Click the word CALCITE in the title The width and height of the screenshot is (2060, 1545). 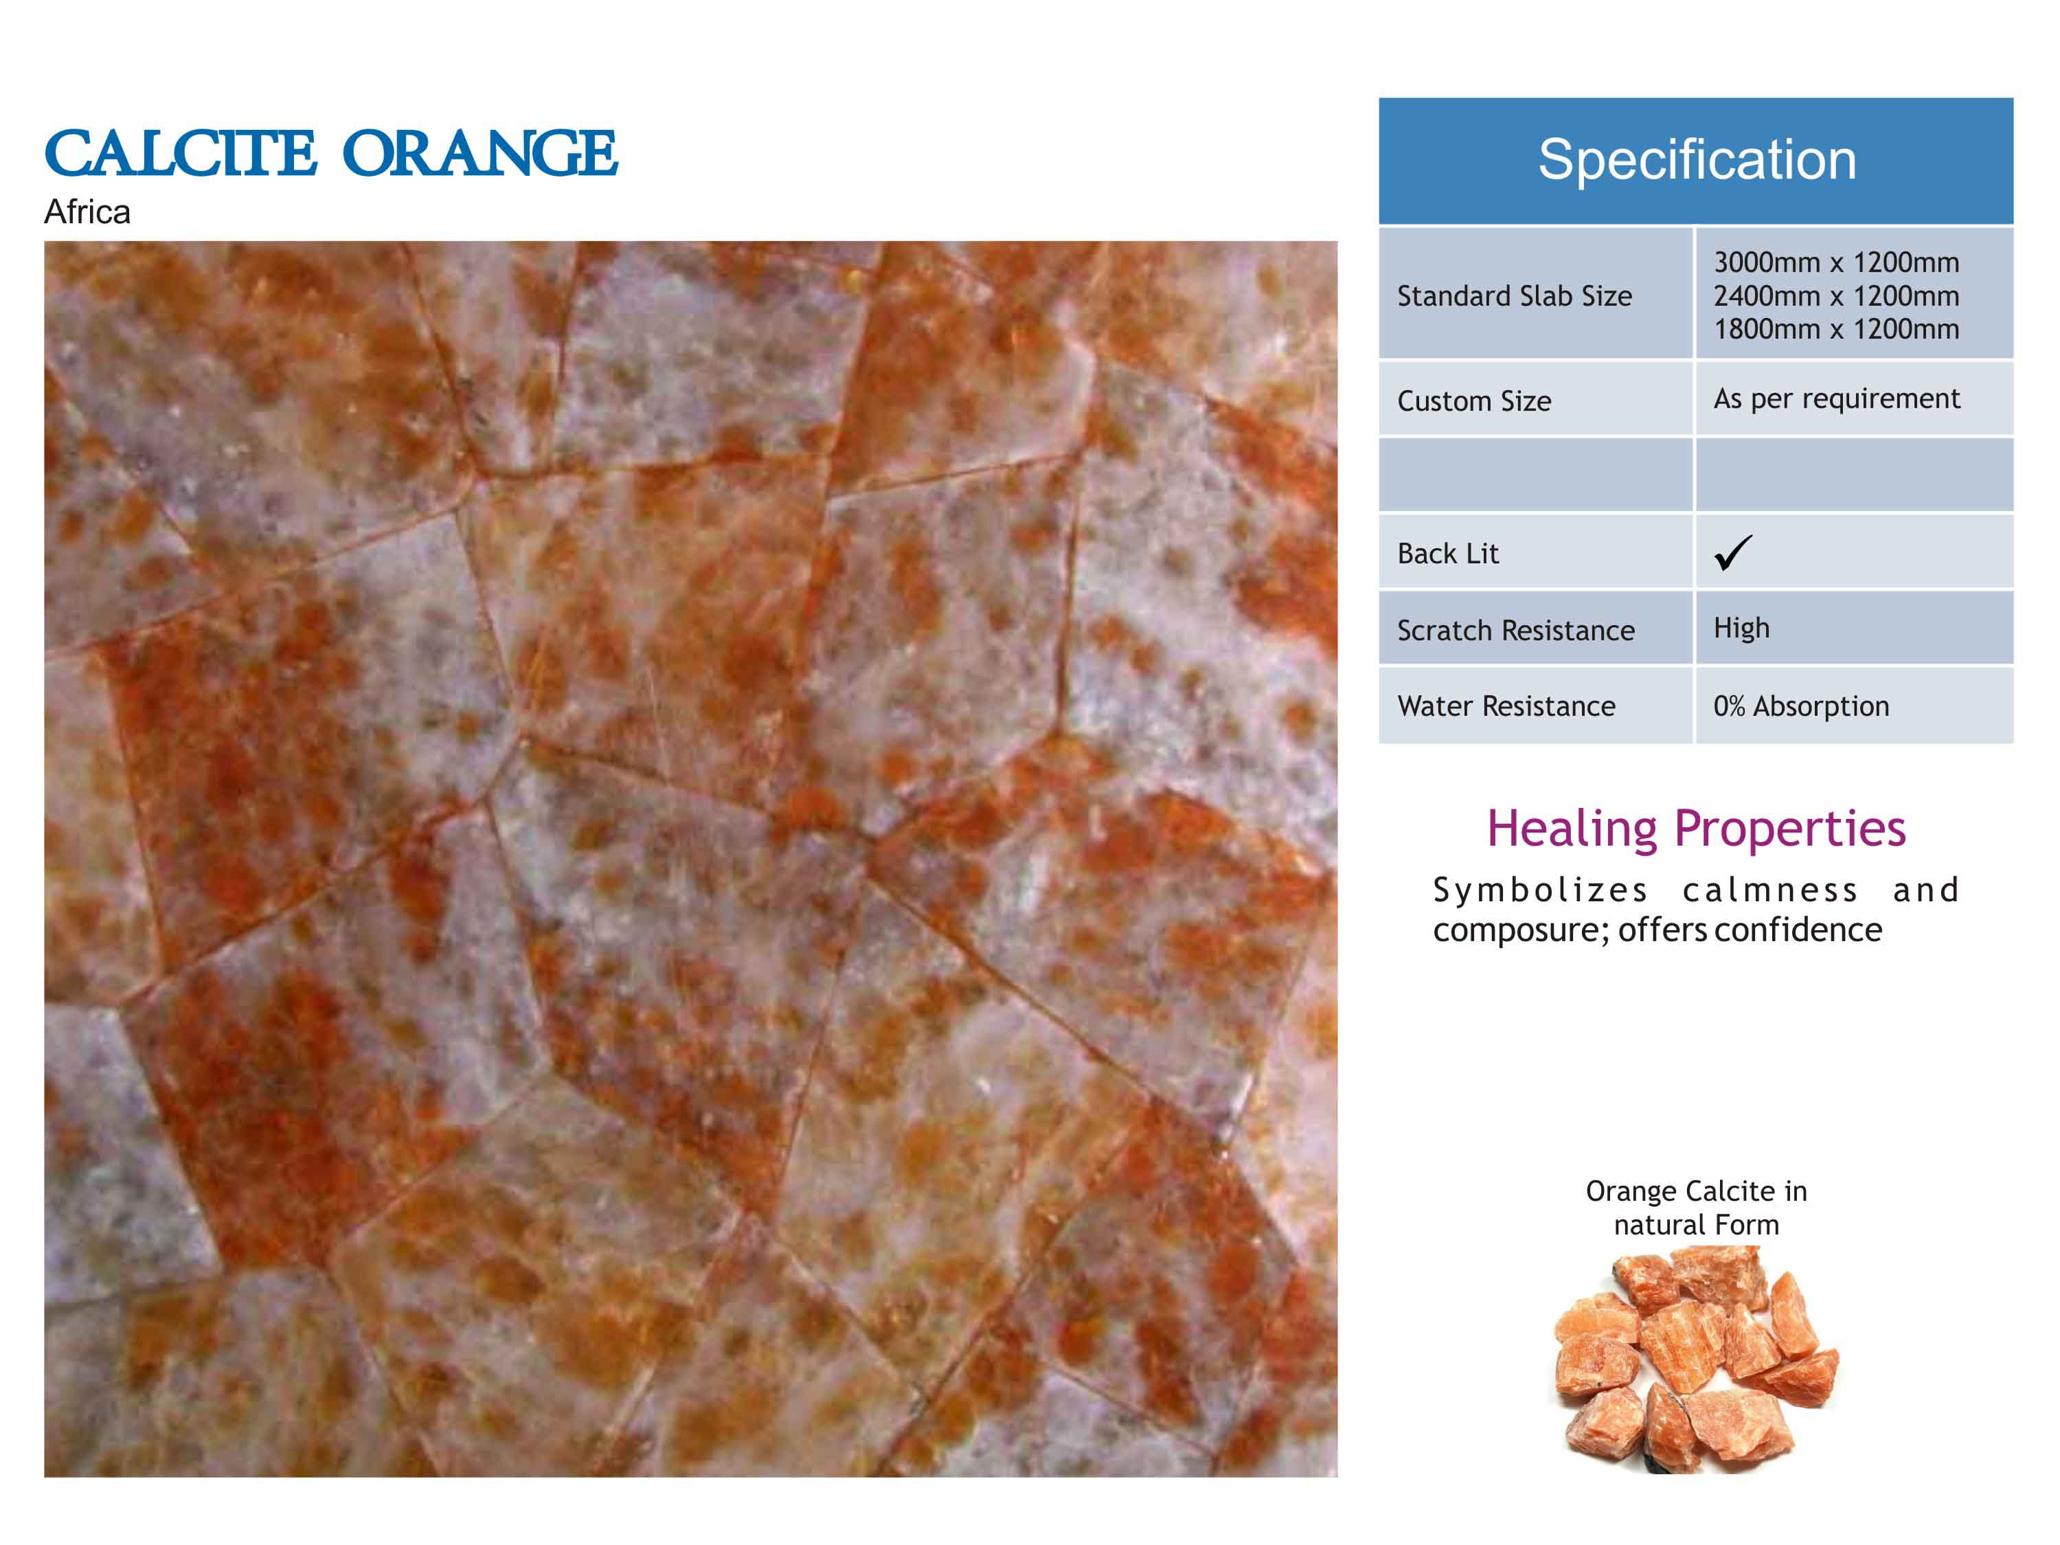pos(180,154)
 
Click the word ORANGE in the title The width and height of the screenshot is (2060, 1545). pos(481,154)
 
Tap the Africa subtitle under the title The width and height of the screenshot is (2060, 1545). pos(87,212)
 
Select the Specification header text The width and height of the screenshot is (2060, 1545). pos(1697,159)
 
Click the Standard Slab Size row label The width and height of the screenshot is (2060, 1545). pos(1515,296)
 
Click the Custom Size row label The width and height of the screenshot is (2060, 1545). pos(1474,401)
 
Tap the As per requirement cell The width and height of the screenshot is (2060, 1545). pos(1837,398)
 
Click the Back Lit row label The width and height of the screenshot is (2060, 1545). pos(1448,553)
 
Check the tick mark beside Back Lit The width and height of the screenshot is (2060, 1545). pos(1733,552)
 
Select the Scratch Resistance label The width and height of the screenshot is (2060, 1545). pos(1516,631)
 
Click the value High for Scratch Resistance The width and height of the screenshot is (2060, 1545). pos(1741,629)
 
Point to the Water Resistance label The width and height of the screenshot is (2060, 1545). pos(1506,706)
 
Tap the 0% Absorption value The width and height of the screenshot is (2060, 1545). pos(1801,707)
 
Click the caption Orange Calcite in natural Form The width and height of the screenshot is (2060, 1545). pos(1696,1207)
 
